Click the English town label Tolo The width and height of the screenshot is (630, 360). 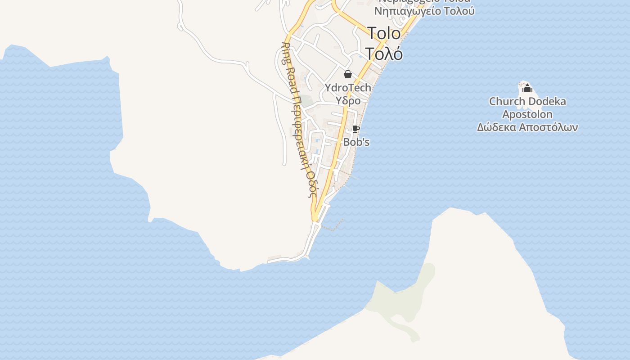point(384,33)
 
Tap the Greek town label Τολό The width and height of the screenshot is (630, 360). point(384,53)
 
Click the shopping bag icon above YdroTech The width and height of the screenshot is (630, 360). point(348,74)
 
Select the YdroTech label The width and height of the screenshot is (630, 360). point(348,88)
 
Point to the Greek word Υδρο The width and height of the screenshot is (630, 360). point(348,100)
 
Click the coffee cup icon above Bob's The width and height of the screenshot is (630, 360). point(355,129)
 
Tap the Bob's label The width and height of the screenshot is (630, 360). point(356,142)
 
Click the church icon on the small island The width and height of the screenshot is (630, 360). point(527,88)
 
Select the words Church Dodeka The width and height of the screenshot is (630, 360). point(527,101)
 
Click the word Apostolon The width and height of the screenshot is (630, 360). point(527,114)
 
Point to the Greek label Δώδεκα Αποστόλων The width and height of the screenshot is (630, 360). point(527,127)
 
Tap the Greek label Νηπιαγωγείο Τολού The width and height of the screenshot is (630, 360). point(424,11)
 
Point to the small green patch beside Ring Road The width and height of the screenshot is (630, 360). point(307,100)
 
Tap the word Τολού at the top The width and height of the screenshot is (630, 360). point(459,11)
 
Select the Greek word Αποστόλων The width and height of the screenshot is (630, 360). point(548,127)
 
